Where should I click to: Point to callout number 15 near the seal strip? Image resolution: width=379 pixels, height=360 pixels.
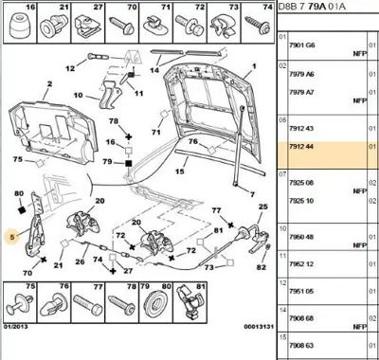(x=179, y=172)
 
